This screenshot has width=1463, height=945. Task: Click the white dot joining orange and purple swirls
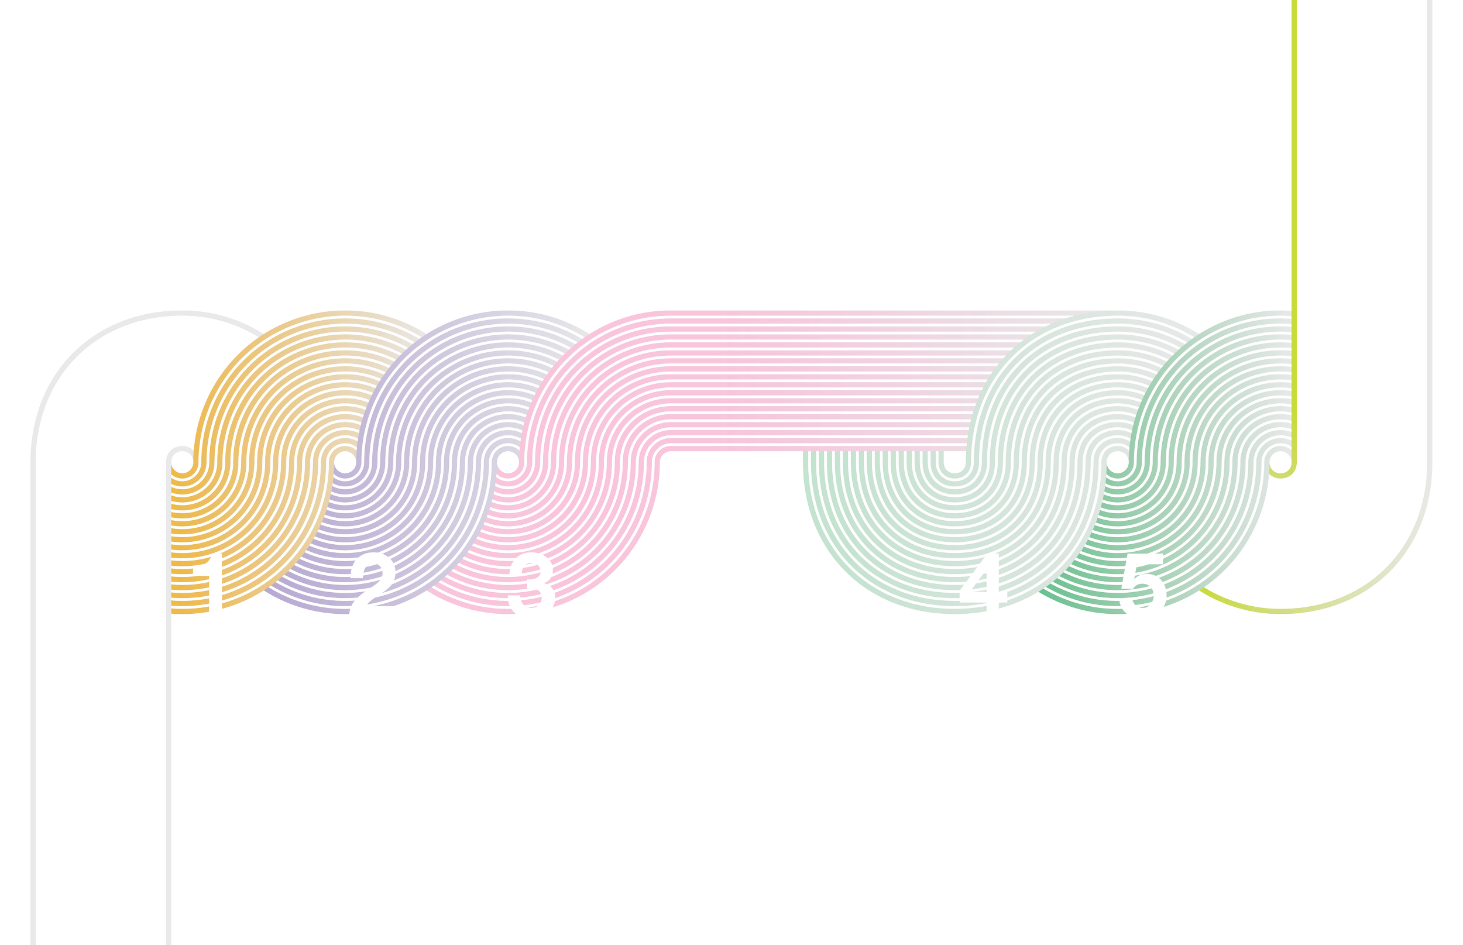pyautogui.click(x=345, y=463)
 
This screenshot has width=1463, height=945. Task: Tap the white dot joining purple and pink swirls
pyautogui.click(x=507, y=463)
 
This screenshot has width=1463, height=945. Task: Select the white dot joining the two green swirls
pyautogui.click(x=1117, y=463)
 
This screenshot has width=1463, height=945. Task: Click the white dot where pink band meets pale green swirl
pyautogui.click(x=954, y=463)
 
